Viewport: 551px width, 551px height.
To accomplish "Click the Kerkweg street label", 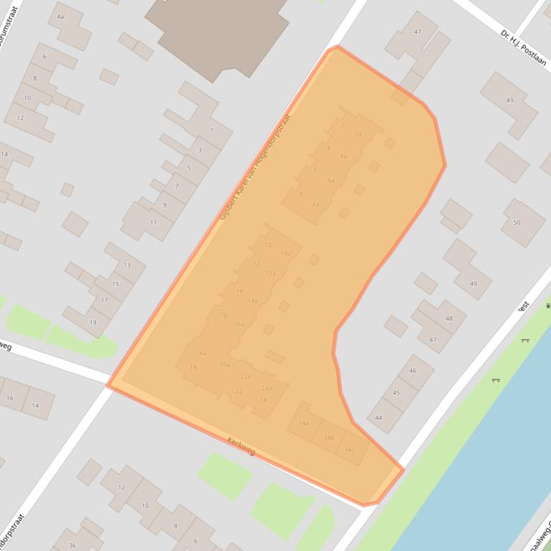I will pos(240,446).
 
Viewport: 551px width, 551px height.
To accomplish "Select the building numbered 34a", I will pos(304,423).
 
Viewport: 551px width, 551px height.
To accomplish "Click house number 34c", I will pos(349,449).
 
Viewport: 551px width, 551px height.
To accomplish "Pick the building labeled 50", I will pos(516,223).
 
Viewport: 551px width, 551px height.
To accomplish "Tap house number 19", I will pos(92,322).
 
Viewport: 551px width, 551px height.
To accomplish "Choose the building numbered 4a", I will pos(60,16).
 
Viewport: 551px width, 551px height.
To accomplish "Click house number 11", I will pos(153,223).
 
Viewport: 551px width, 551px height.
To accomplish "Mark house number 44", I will pos(378,417).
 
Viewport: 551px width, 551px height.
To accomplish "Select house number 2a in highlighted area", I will pos(358,134).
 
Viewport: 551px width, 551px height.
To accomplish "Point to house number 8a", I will pos(315,204).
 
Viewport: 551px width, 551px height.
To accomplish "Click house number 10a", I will pos(286,253).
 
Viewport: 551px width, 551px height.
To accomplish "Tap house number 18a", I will pos(201,353).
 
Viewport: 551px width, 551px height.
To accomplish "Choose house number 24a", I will pos(267,388).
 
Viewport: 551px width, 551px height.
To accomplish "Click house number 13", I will pos(127,265).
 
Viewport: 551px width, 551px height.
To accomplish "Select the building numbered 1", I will pos(211,130).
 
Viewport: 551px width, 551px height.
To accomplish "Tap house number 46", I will pos(413,371).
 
